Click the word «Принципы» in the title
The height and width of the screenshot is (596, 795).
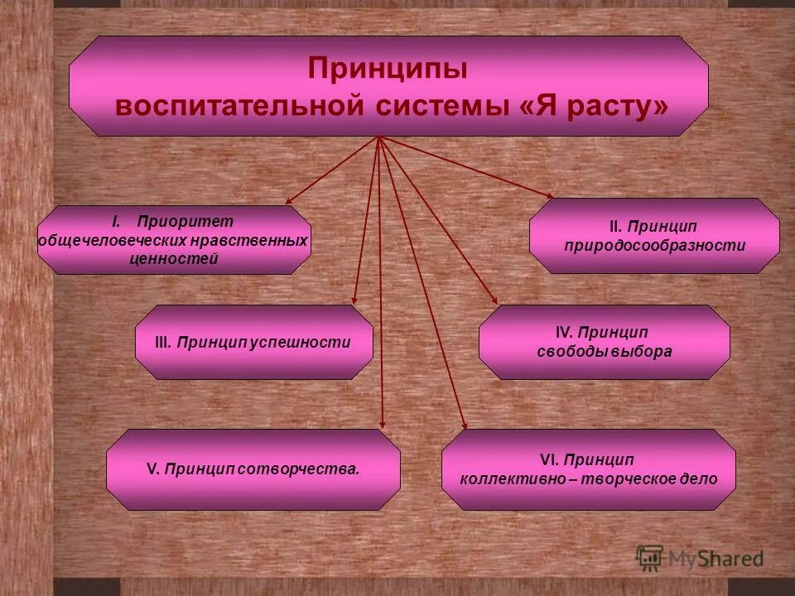point(388,68)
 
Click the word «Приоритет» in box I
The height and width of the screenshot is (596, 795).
point(185,221)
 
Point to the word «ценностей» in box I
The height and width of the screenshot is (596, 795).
point(174,259)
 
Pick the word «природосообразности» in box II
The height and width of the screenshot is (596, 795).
point(654,246)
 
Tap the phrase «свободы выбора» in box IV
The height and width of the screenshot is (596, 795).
point(604,352)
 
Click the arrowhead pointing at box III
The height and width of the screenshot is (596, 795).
point(354,300)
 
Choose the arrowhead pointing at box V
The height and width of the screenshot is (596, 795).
point(383,424)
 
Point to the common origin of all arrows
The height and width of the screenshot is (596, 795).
point(378,137)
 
